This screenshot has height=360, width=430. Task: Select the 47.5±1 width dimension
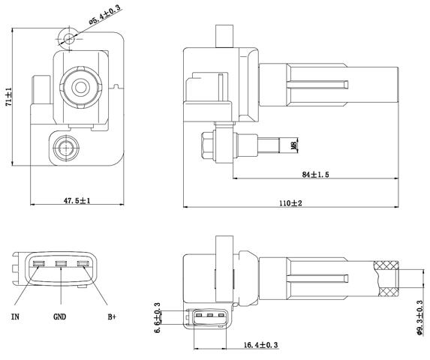pyautogui.click(x=77, y=200)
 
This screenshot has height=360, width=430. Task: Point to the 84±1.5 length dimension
pyautogui.click(x=316, y=174)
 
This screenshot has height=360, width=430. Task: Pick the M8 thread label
pyautogui.click(x=293, y=144)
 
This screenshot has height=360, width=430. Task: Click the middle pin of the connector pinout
pyautogui.click(x=62, y=263)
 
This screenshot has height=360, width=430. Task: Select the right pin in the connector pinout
pyautogui.click(x=84, y=263)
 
